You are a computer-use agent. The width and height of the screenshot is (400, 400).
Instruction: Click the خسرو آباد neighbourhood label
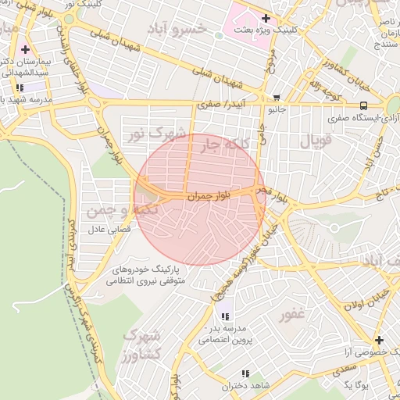[x=180, y=30]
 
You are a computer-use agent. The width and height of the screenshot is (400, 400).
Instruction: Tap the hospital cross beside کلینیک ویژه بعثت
[x=266, y=18]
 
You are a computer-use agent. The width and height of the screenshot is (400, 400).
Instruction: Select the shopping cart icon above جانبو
[x=277, y=98]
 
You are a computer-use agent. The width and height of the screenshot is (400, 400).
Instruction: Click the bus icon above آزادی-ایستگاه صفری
[x=364, y=105]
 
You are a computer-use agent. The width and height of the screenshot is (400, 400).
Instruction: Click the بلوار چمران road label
[x=209, y=197]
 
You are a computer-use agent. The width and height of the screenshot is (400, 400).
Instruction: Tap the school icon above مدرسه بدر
[x=225, y=316]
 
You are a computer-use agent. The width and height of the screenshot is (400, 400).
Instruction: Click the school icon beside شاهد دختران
[x=246, y=374]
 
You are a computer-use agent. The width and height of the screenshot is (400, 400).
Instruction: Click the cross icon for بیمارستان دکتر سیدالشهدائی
[x=25, y=50]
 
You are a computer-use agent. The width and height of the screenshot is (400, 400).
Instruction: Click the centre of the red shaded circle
[x=198, y=199]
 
